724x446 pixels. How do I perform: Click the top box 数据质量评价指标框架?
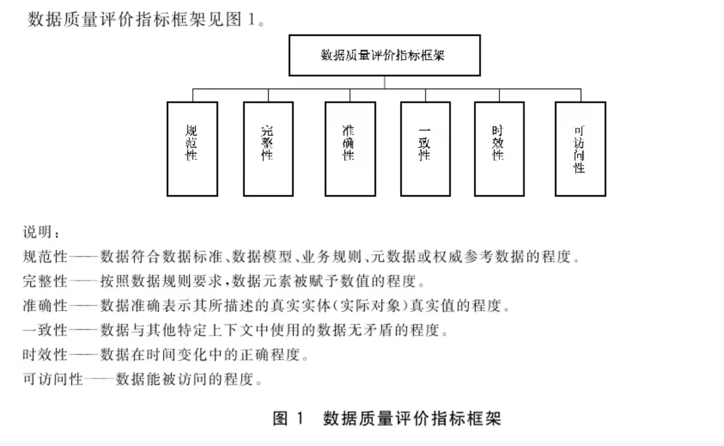pos(384,55)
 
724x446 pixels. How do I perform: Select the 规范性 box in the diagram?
pos(192,149)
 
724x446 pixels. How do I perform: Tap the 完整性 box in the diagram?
pos(268,149)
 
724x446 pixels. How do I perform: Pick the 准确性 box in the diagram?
pos(350,149)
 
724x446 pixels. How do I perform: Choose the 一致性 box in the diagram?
pos(425,149)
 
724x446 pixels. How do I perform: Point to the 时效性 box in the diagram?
pos(499,149)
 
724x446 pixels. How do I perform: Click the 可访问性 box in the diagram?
pos(580,149)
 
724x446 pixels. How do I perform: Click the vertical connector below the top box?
pos(384,82)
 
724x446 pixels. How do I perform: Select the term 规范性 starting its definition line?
pos(45,257)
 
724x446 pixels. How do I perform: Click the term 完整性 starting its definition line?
pos(45,281)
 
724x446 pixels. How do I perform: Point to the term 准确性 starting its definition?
pos(45,306)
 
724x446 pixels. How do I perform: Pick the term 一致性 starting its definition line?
pos(45,330)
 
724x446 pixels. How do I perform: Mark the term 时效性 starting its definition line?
pos(45,355)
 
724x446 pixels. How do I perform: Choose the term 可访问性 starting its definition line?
pos(53,379)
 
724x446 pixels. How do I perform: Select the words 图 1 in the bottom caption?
pos(288,419)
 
